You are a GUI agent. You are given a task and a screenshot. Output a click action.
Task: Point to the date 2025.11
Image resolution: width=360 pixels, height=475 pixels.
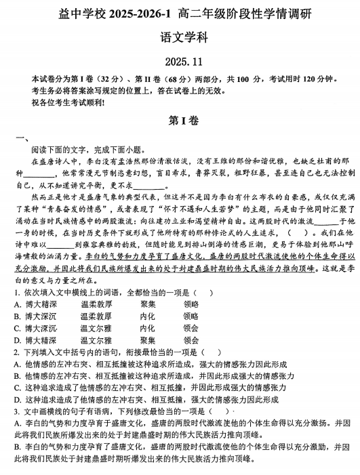coord(180,62)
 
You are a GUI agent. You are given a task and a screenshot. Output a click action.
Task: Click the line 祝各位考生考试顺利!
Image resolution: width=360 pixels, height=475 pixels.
coord(64,103)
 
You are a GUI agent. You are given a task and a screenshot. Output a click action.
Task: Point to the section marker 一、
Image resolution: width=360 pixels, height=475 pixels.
coord(20,138)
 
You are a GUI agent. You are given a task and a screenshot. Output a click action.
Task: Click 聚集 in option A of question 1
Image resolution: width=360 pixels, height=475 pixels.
coord(148,304)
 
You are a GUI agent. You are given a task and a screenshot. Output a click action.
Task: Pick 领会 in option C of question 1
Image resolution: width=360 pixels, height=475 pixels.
coord(191,328)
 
